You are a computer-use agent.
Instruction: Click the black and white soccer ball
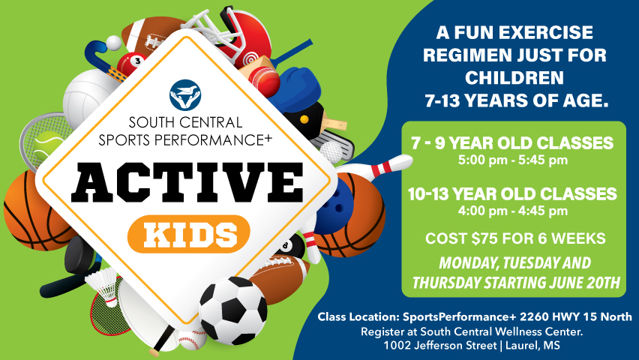232,310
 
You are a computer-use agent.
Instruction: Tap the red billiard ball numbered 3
131,64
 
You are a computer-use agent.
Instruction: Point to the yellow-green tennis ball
49,145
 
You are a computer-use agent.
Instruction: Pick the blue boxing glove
294,89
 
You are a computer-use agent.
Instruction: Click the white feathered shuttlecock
102,286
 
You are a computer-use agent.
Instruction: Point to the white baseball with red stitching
193,339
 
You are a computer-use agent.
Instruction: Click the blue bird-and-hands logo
185,95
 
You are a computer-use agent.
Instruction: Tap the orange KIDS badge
189,234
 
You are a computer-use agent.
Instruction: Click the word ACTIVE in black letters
187,182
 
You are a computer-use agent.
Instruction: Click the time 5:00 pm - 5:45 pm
513,160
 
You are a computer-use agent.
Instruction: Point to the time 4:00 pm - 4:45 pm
513,211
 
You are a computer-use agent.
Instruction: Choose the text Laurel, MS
532,346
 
